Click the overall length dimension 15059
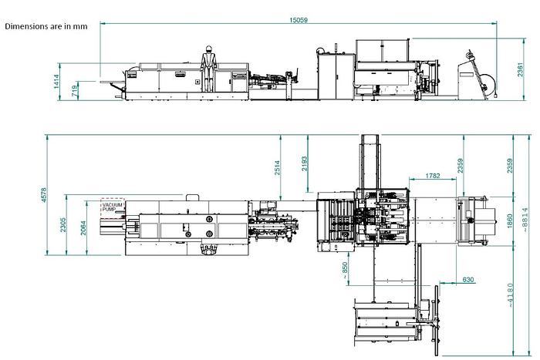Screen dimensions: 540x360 pos(299,20)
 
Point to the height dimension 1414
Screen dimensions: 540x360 pos(57,82)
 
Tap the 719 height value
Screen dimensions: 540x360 pos(75,91)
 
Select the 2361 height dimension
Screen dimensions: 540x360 pos(520,70)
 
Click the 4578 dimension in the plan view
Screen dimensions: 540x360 pos(44,195)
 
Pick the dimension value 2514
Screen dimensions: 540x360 pos(277,168)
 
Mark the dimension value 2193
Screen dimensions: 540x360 pos(305,164)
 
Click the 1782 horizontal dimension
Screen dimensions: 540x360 pos(433,176)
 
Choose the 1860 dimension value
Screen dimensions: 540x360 pos(510,221)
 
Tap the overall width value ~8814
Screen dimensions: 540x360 pos(525,220)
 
